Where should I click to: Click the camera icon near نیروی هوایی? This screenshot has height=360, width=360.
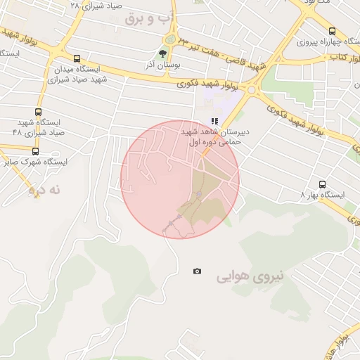(197, 271)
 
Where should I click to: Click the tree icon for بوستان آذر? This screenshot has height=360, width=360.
(163, 53)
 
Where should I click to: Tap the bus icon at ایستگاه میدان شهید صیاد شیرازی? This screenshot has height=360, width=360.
(77, 59)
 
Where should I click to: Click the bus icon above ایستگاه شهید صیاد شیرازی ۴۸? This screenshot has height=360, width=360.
(38, 112)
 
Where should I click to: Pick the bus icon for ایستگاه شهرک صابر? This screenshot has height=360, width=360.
(35, 150)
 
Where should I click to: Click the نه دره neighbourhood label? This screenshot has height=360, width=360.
(46, 190)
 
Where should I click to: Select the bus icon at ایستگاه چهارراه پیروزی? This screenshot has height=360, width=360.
(332, 31)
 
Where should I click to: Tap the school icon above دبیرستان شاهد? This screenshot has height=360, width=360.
(214, 121)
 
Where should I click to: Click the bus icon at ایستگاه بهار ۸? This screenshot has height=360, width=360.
(322, 184)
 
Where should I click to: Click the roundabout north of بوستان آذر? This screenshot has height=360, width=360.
(169, 39)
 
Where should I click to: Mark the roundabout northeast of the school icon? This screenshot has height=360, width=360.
(250, 90)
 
